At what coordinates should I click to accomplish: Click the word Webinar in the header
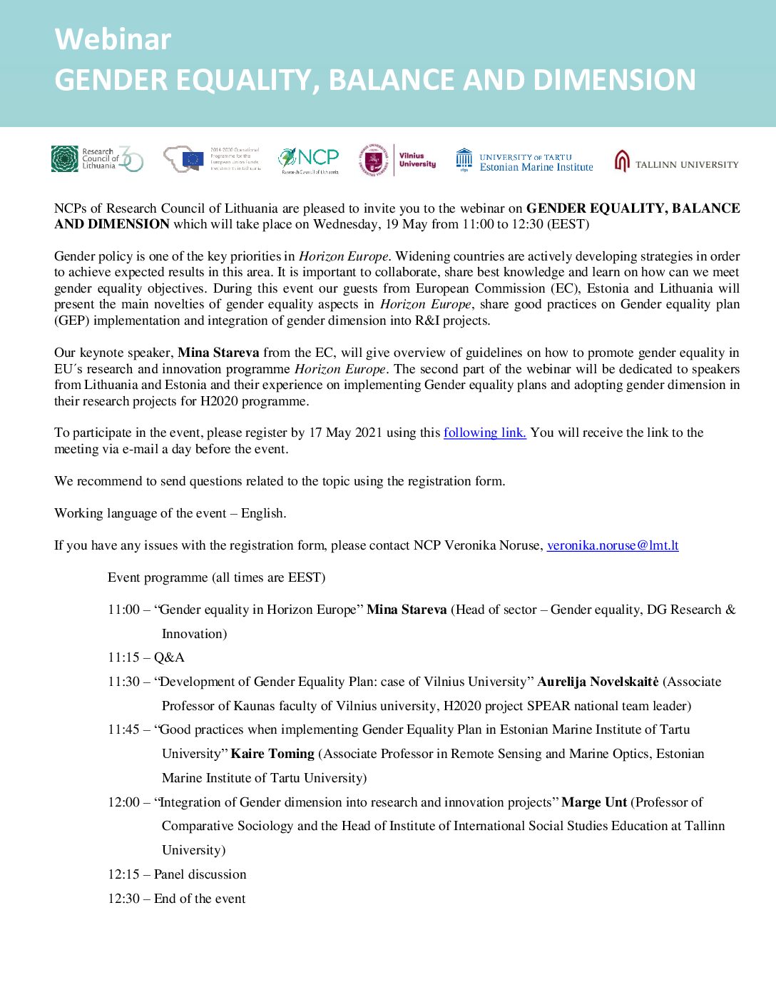(113, 39)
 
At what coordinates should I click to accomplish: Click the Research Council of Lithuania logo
(97, 158)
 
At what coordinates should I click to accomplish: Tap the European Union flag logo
(193, 159)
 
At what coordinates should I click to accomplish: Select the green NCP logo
(310, 159)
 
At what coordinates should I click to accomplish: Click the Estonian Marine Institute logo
(524, 161)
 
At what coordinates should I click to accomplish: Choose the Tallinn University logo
(676, 162)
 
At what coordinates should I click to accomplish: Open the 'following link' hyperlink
(484, 433)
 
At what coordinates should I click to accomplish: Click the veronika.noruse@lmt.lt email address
(612, 545)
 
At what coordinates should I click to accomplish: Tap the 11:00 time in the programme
(123, 610)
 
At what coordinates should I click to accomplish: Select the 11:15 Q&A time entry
(123, 657)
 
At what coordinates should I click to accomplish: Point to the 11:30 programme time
(123, 682)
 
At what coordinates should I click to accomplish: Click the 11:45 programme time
(123, 729)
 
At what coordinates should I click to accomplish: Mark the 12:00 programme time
(123, 802)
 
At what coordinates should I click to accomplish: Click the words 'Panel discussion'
(200, 874)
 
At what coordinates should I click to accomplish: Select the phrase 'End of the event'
(200, 899)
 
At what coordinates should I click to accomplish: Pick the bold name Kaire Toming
(272, 754)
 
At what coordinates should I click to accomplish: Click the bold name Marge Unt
(594, 802)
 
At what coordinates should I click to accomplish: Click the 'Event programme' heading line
(216, 577)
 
